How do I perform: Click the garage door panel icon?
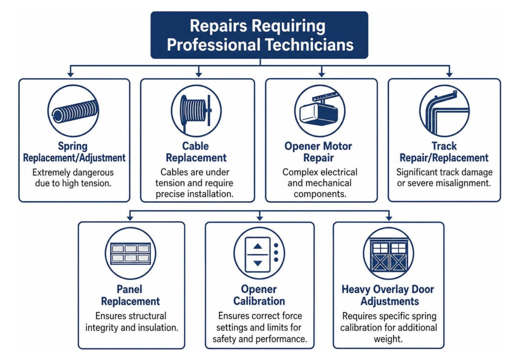point(130,254)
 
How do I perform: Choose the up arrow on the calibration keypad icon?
point(258,246)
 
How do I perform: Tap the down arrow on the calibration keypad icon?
point(258,263)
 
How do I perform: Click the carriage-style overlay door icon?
point(388,254)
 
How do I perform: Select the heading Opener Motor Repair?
point(318,152)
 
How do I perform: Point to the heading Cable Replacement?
point(196,152)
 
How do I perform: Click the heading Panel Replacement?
point(130,295)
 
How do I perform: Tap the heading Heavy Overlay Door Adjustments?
point(388,295)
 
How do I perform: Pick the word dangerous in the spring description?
point(93,172)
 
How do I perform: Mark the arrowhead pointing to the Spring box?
point(70,74)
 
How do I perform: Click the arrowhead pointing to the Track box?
point(449,74)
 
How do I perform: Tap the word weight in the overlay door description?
point(388,340)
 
